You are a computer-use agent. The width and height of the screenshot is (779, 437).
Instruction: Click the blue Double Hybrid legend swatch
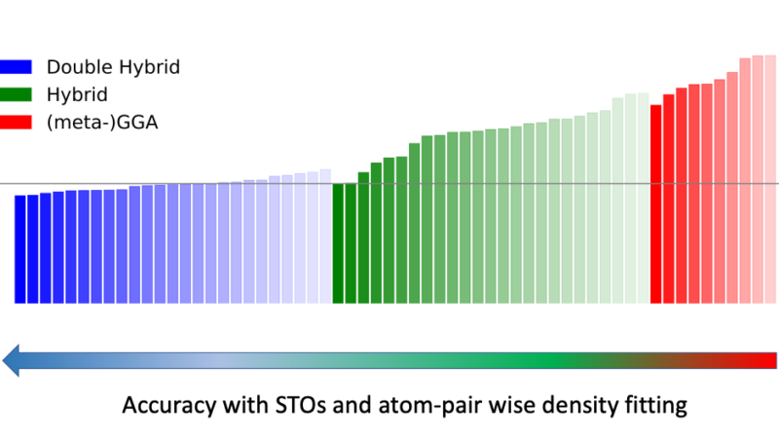(17, 67)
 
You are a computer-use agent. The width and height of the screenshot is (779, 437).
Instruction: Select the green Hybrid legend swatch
(17, 95)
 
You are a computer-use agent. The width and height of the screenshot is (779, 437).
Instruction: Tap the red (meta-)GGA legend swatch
(17, 123)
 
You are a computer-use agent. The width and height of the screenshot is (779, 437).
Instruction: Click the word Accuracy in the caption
(165, 405)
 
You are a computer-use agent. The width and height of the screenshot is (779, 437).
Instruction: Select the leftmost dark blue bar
(20, 249)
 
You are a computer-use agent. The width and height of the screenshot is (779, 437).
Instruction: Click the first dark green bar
(338, 243)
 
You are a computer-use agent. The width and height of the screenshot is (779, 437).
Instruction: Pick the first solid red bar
(656, 203)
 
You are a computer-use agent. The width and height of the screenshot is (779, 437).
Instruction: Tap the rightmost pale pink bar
(770, 179)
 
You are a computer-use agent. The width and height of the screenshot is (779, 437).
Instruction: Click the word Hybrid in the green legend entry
(76, 95)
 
